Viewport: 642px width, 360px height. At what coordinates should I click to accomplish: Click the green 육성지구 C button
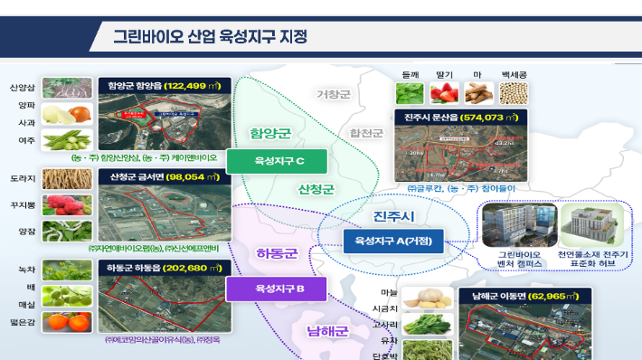(279, 161)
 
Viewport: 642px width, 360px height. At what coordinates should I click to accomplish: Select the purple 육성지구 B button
(279, 289)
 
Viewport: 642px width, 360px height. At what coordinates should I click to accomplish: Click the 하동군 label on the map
(277, 252)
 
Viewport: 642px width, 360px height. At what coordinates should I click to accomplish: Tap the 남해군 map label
(327, 331)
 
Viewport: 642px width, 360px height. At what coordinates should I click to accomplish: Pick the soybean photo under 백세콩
(512, 92)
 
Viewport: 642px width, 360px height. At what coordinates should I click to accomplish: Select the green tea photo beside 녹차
(67, 270)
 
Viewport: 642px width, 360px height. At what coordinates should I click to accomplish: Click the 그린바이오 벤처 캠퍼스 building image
(506, 227)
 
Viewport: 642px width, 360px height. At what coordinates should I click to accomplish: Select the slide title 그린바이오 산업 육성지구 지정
(210, 37)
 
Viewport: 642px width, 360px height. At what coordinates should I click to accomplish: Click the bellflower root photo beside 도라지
(67, 179)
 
